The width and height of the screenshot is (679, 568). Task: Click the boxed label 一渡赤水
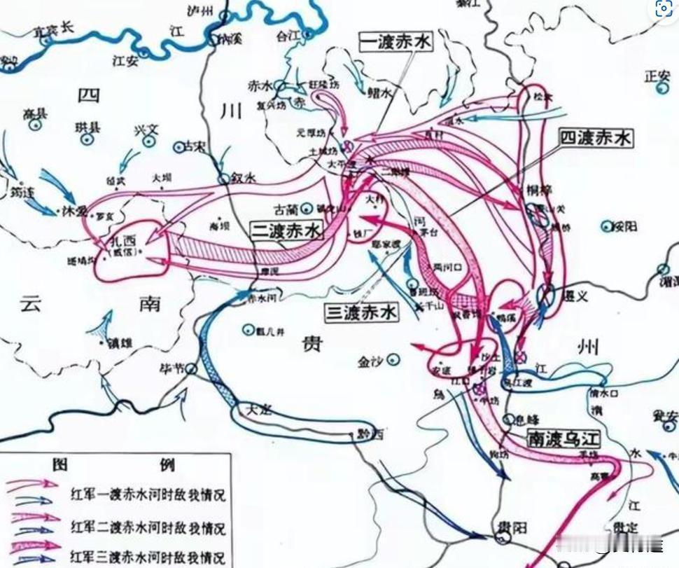[396, 42]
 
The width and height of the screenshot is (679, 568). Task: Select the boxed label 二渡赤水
[286, 231]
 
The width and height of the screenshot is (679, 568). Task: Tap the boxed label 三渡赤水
[362, 312]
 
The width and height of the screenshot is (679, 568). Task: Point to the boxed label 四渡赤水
[595, 139]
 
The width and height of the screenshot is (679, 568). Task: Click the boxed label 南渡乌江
[564, 439]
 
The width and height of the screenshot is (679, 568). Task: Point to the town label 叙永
[242, 178]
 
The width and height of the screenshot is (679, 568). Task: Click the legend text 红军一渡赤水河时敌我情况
[147, 494]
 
